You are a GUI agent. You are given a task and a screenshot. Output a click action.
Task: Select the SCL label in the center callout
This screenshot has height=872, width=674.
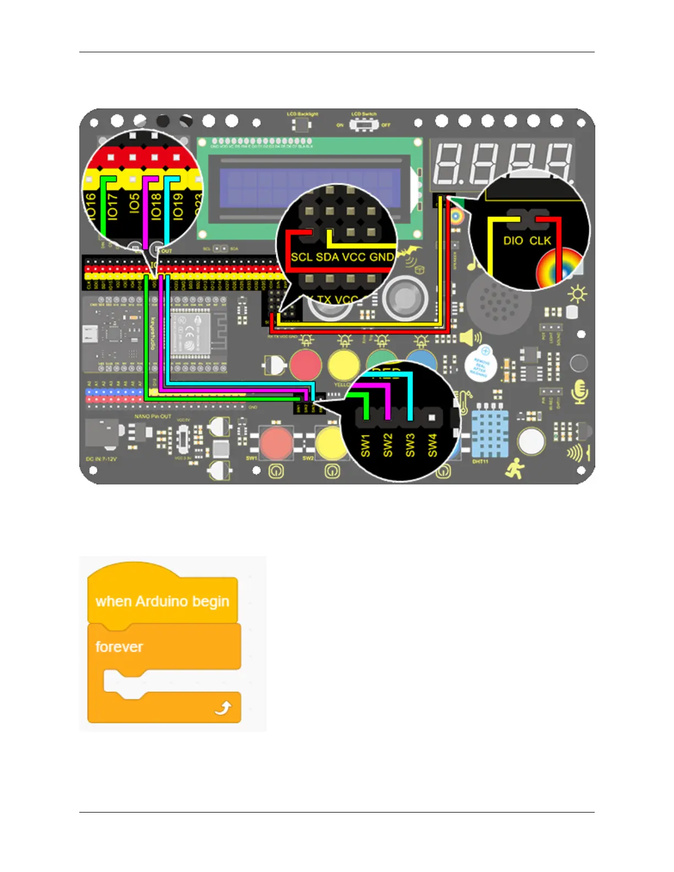point(301,257)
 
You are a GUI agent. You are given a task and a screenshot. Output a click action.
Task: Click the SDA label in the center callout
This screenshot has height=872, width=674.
point(327,257)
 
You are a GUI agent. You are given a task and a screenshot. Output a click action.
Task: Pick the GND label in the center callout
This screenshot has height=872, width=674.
point(382,257)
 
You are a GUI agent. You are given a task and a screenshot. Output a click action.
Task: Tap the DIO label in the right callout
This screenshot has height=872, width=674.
point(513,241)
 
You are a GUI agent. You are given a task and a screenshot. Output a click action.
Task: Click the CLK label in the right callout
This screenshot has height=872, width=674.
point(540,241)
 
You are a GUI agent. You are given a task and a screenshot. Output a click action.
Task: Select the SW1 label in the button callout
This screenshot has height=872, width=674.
point(366,445)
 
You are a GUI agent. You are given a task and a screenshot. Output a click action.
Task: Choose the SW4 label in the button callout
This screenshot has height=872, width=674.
point(433,445)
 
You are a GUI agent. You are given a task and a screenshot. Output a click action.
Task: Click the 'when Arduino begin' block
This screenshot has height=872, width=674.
point(162,602)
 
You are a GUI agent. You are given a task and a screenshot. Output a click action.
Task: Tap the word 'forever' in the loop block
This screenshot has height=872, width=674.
point(119,647)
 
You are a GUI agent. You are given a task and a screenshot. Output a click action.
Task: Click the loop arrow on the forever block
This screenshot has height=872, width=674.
point(223,708)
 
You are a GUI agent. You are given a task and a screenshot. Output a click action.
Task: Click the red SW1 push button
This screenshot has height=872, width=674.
point(276,442)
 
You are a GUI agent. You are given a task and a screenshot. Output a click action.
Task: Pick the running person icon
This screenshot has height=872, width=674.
point(515,468)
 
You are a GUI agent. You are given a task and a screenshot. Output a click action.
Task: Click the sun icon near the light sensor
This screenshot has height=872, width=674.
point(577,295)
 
